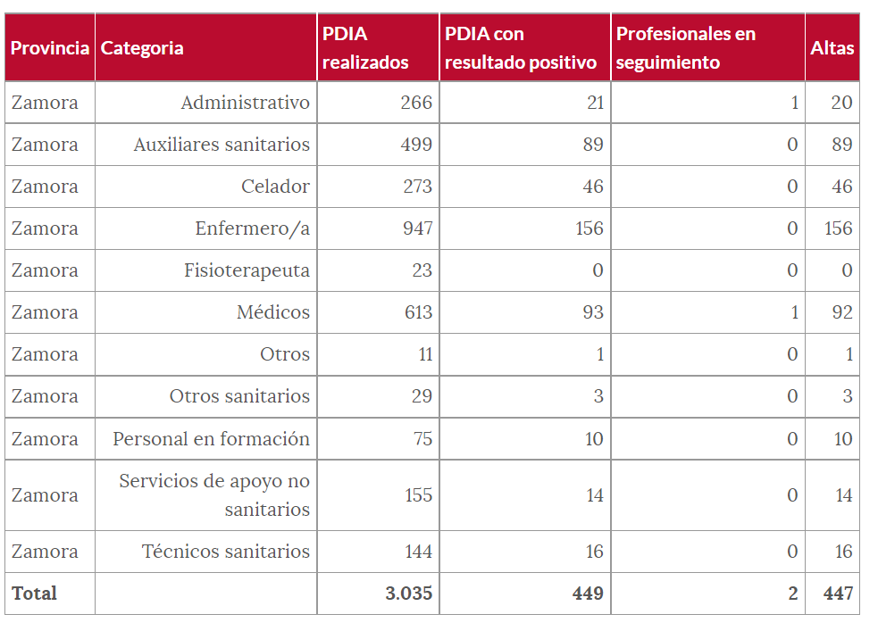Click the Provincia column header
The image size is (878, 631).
[50, 48]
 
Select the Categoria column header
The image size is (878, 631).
[142, 48]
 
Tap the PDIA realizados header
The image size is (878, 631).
[365, 48]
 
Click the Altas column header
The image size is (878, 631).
[832, 48]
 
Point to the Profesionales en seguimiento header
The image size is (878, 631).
[685, 48]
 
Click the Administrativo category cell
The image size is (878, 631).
[245, 103]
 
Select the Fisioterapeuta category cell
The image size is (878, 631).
[247, 270]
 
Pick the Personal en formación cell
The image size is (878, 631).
[211, 439]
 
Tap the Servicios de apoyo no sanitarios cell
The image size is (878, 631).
[214, 495]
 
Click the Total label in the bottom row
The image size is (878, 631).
[35, 594]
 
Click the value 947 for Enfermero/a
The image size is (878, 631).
[416, 228]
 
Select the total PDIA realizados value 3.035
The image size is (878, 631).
[408, 594]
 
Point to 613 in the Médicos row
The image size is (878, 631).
[416, 312]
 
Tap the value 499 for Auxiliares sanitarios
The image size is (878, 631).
[416, 145]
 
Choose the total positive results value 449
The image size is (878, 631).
[588, 594]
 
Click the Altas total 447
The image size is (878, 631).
[838, 594]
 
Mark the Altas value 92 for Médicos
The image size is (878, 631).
[841, 312]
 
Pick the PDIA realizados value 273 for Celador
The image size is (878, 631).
[416, 187]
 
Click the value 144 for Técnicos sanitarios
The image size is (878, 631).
[418, 552]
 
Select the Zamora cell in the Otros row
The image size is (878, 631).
[45, 354]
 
